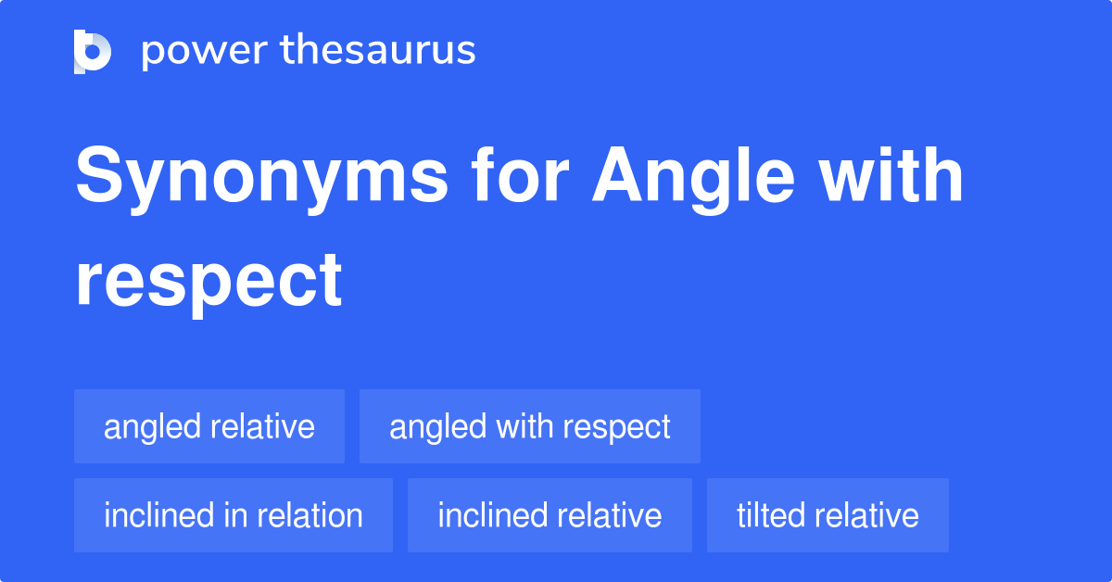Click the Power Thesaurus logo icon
click(x=93, y=51)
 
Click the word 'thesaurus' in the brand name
click(x=378, y=50)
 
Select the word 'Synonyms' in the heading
click(x=262, y=178)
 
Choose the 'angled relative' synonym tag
click(x=209, y=426)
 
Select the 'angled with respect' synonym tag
click(x=530, y=426)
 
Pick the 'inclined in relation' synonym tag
click(x=234, y=515)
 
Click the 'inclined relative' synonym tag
click(x=550, y=515)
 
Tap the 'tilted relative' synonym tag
click(x=828, y=515)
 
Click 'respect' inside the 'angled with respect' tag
click(x=616, y=427)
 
